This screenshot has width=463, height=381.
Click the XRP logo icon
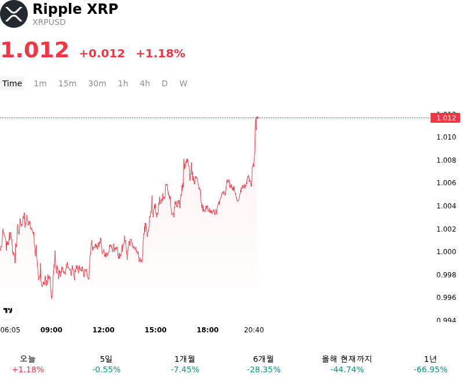14,14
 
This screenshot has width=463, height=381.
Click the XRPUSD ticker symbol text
49,22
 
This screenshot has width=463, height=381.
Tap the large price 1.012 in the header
35,50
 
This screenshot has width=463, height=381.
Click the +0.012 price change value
102,53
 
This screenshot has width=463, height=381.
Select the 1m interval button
40,83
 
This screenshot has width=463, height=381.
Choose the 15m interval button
67,83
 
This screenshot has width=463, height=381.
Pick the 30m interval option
97,83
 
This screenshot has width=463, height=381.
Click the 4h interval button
145,83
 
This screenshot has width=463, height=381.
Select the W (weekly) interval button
183,83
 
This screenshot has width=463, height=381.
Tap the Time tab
12,83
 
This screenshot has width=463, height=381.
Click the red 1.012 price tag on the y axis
445,118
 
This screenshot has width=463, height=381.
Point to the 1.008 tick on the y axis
446,160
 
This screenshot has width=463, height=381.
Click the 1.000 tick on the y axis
446,252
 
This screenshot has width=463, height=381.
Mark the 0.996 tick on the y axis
446,298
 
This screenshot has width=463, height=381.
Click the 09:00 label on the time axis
52,330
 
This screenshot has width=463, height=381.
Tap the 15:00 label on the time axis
156,330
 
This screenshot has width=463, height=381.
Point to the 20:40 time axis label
254,330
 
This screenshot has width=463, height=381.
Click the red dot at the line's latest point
257,118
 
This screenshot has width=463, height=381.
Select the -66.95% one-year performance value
431,369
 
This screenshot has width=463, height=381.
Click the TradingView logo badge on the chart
8,310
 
